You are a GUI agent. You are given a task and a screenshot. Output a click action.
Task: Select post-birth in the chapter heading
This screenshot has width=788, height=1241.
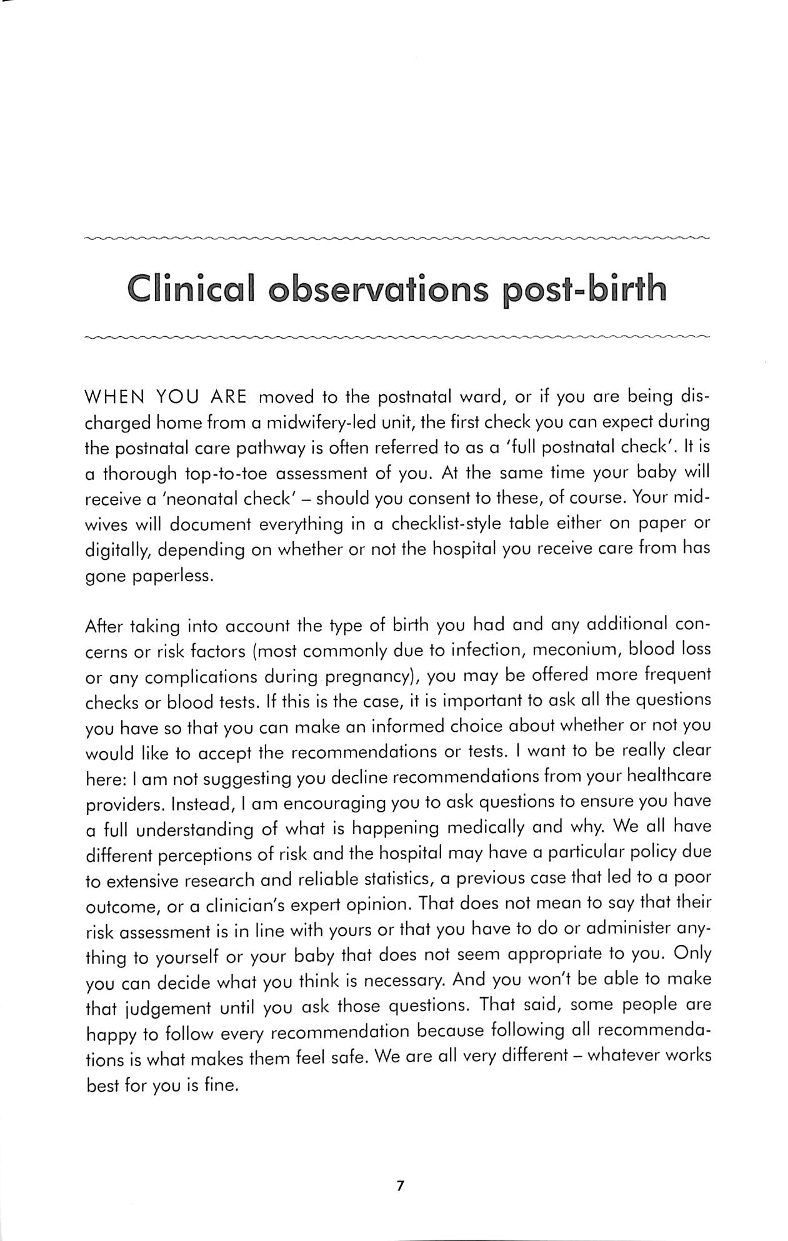pos(585,291)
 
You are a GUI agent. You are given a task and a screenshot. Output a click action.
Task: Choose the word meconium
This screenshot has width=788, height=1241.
pos(576,650)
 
